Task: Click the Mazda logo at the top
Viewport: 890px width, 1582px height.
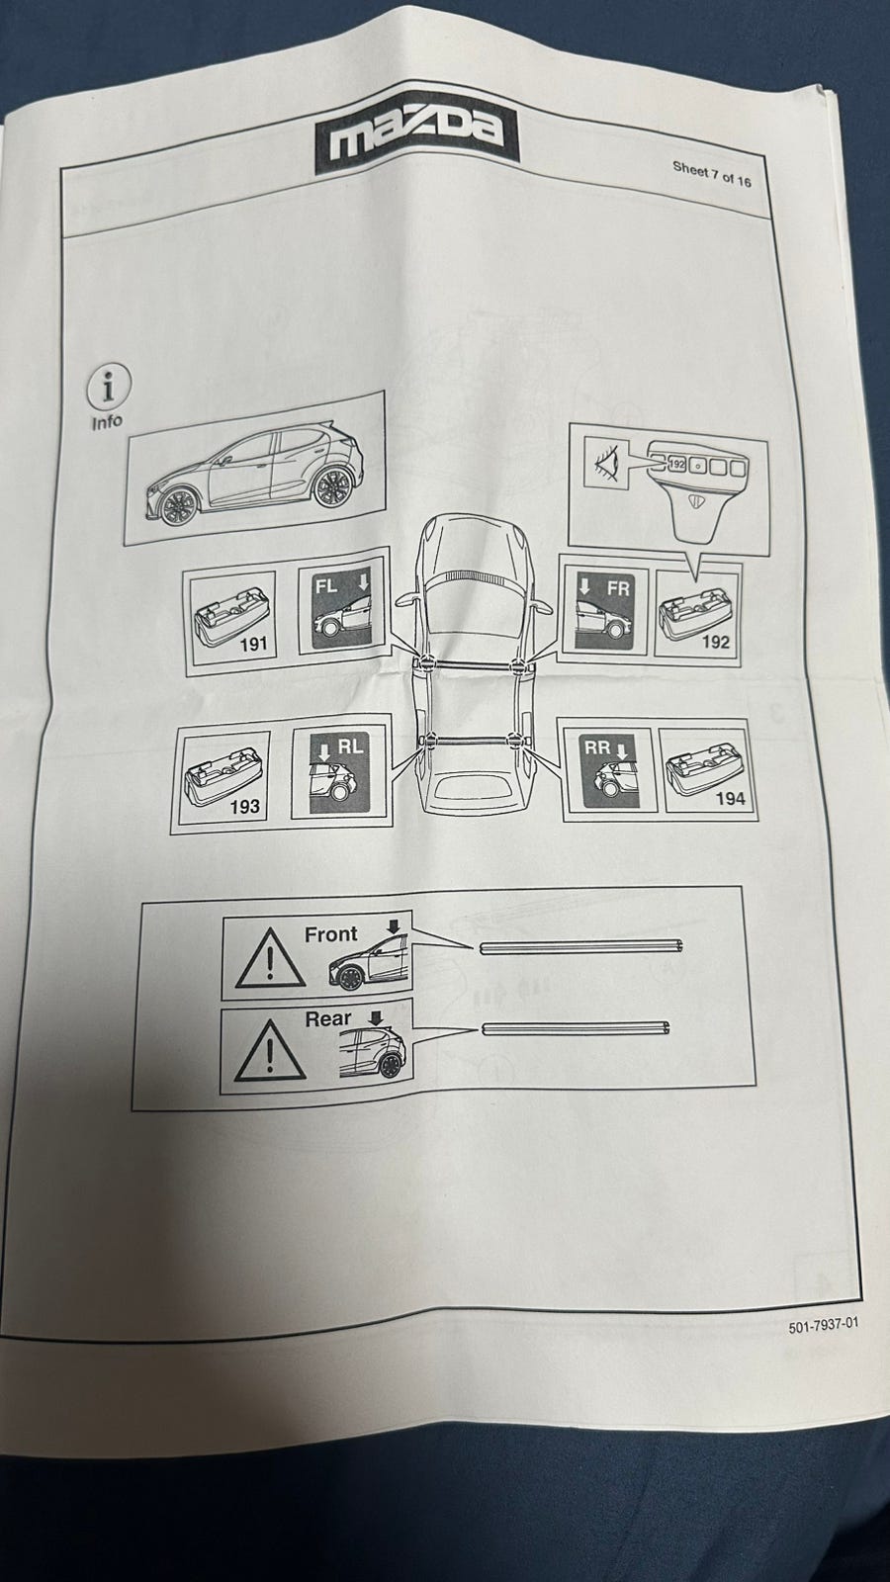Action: [416, 134]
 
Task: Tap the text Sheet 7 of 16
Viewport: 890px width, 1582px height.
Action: [711, 174]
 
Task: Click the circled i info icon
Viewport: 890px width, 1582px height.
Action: [109, 388]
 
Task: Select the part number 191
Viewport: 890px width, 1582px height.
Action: [253, 644]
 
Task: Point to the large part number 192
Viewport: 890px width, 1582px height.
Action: [715, 642]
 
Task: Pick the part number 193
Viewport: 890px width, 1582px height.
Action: [244, 806]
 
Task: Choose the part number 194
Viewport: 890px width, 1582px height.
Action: [731, 799]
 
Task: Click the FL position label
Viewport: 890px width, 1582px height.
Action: [326, 586]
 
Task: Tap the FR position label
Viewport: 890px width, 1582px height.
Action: [618, 587]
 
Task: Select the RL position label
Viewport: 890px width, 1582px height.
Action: [350, 747]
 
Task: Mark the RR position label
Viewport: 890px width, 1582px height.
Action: [597, 747]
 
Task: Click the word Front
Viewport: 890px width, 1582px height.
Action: [330, 934]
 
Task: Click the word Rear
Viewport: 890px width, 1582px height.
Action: [327, 1019]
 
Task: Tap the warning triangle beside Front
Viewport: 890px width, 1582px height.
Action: [270, 959]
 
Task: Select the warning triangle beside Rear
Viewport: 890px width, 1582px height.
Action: [270, 1050]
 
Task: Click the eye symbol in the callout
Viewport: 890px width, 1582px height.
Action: [607, 461]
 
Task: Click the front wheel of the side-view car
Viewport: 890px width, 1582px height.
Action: [178, 506]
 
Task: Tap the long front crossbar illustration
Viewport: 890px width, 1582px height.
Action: [580, 946]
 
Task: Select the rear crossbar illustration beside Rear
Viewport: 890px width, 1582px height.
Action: [575, 1027]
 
